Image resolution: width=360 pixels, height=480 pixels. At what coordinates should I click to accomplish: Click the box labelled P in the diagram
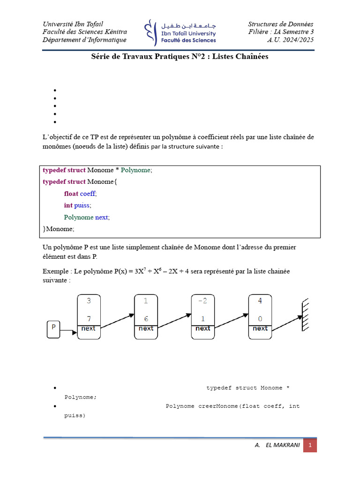coord(53,329)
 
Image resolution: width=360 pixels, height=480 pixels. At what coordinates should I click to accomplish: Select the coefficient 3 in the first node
coord(89,301)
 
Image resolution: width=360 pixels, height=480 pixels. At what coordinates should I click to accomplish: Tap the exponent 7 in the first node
coord(89,319)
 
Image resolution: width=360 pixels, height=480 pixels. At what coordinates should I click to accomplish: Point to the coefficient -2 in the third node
coord(202,301)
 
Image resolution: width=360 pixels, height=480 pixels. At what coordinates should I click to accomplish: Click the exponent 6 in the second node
coord(146,319)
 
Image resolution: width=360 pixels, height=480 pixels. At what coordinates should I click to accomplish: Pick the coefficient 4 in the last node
coord(260,301)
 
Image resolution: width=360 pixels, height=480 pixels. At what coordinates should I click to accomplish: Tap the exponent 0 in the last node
coord(260,319)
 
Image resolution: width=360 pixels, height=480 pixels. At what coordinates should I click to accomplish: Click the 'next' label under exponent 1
coord(202,329)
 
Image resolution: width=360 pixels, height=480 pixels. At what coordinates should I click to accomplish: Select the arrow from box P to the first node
coord(68,332)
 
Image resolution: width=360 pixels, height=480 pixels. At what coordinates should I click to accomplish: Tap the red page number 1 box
coord(310,445)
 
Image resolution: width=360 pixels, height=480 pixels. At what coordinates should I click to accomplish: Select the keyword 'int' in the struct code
coord(68,205)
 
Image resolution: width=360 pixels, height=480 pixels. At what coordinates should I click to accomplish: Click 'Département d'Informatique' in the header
coord(84,40)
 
